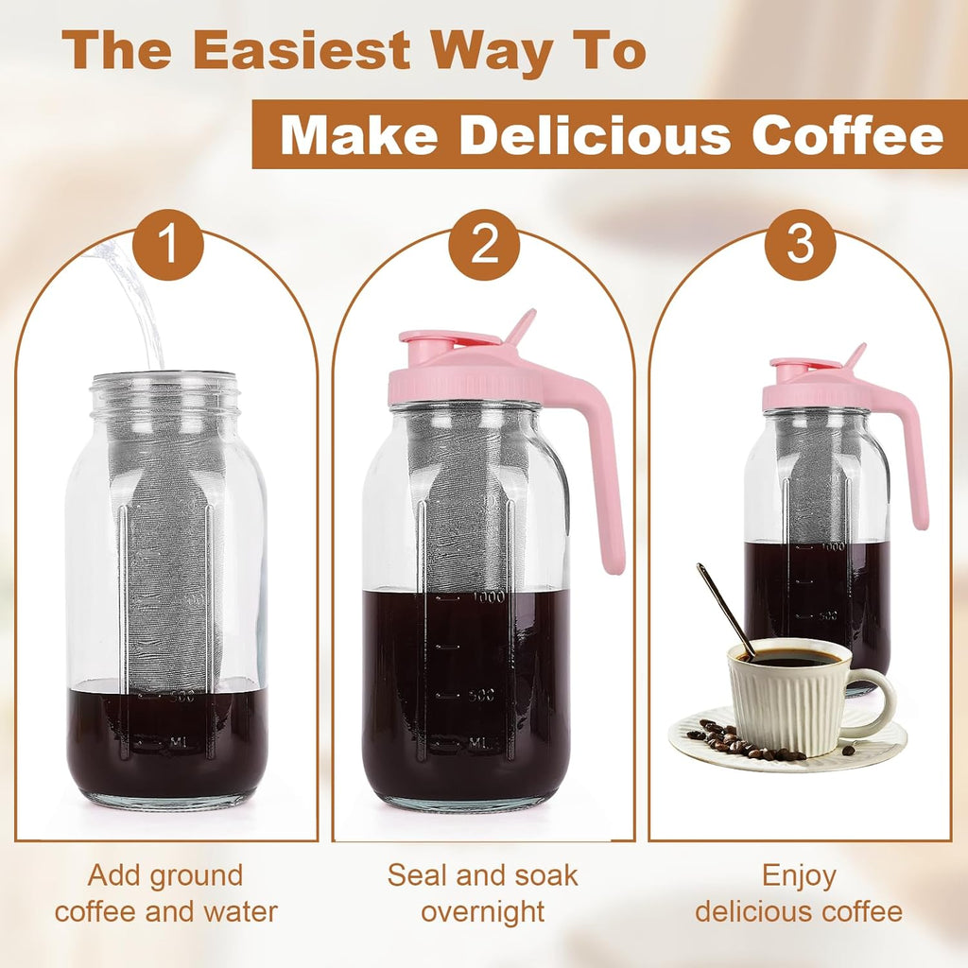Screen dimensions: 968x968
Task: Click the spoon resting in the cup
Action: click(725, 608)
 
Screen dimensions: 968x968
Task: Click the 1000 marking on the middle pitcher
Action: click(489, 597)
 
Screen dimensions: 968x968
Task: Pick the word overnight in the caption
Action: click(482, 912)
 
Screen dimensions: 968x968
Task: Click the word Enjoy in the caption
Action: click(799, 875)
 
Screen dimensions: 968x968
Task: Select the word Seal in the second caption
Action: click(417, 875)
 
